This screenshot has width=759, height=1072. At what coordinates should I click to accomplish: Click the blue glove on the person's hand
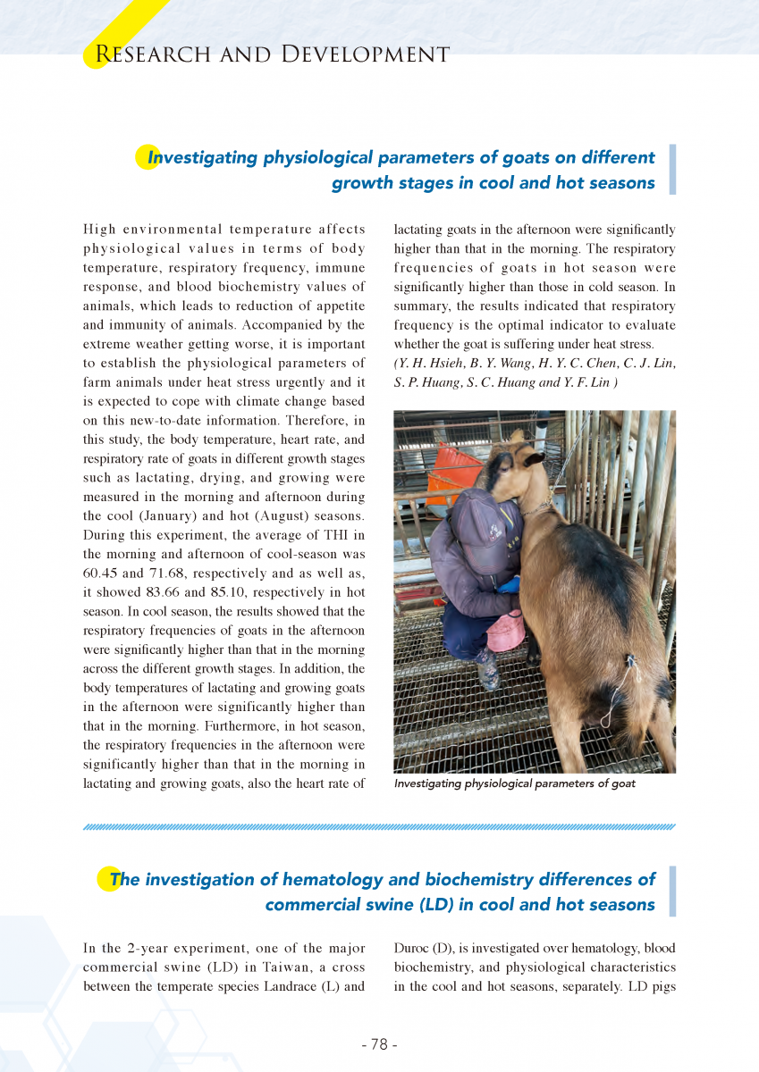510,585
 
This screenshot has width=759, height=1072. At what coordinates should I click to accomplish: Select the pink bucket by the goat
506,631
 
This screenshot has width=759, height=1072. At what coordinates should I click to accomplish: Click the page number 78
379,1044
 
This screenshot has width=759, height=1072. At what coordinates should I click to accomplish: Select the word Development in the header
365,54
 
